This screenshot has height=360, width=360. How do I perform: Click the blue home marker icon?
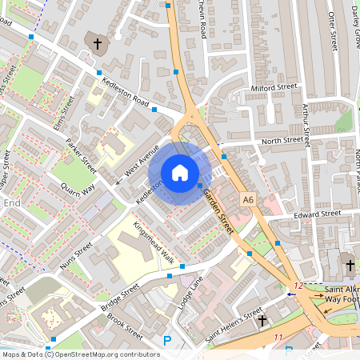pos(180,173)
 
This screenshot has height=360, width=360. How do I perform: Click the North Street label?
pos(283,141)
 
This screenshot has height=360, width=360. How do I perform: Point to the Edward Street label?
pos(317,214)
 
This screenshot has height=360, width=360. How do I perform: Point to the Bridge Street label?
pos(120,295)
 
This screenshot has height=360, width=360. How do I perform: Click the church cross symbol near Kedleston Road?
pos(98,43)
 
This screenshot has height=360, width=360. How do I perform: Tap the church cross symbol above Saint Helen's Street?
pos(262,320)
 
